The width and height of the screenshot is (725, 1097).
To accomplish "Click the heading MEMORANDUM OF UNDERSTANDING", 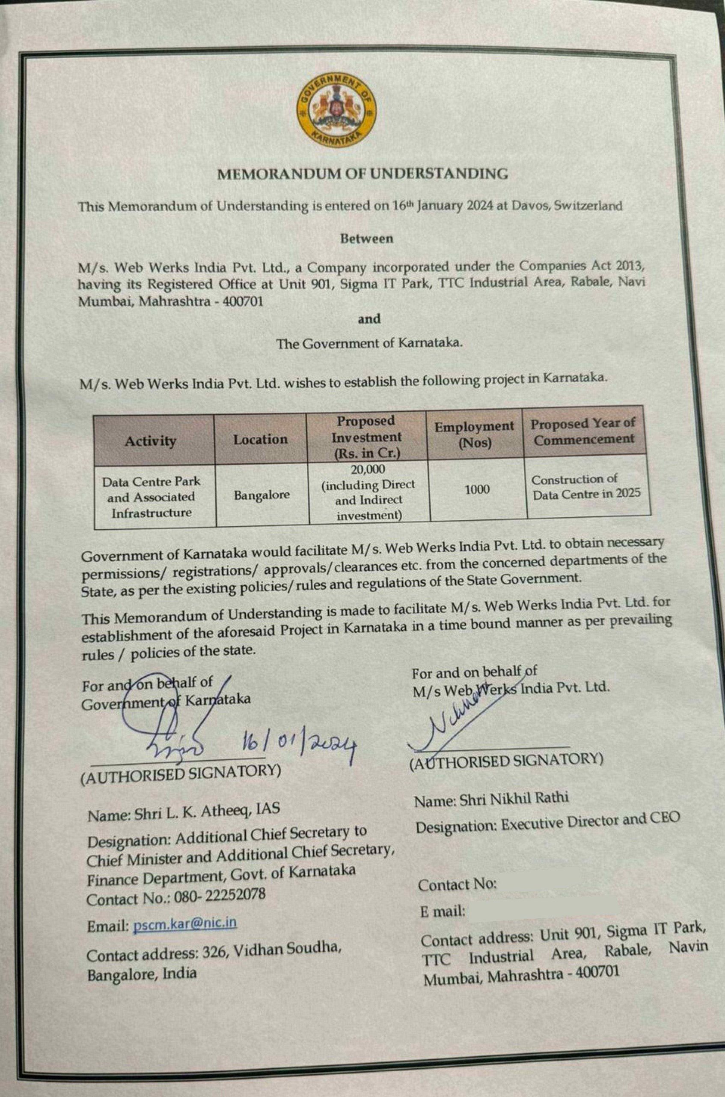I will tap(362, 174).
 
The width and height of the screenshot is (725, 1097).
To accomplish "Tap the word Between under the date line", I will tap(367, 239).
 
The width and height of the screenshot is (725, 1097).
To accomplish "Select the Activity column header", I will tap(150, 441).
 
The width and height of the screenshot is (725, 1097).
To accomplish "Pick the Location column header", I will tap(260, 439).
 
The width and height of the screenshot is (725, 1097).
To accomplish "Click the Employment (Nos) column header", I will tap(474, 434).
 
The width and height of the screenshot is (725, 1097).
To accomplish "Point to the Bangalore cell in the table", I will tap(261, 495).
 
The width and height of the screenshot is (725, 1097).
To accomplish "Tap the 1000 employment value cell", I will tap(477, 490).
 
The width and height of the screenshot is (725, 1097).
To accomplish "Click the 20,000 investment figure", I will tap(368, 470).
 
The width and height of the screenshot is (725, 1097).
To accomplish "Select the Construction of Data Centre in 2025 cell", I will tap(586, 486).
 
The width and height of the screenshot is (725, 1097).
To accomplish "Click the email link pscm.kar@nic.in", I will tap(185, 924).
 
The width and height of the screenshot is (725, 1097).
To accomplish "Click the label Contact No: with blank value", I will tap(457, 885).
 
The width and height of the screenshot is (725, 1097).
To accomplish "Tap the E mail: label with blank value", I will tap(443, 912).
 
